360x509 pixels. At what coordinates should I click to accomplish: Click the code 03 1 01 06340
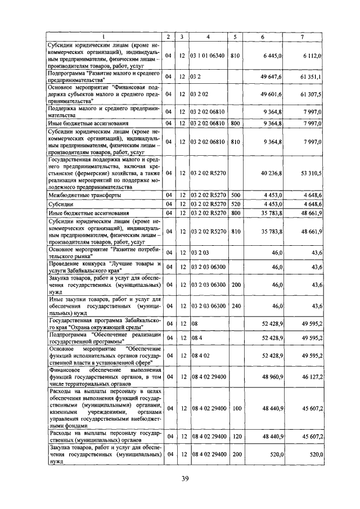point(208,56)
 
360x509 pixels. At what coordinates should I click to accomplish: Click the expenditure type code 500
point(235,195)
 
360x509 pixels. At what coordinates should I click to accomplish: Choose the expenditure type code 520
point(235,204)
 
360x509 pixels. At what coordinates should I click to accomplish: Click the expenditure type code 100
point(235,408)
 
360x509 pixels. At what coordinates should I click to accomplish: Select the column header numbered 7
point(302,37)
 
